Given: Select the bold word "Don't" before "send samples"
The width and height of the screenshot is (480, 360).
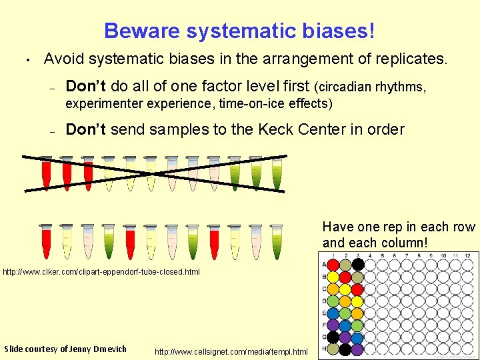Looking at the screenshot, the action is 85,129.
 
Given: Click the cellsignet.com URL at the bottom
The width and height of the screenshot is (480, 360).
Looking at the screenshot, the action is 231,351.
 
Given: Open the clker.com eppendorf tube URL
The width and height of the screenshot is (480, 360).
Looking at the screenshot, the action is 101,272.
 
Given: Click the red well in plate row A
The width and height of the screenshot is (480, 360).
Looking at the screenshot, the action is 333,265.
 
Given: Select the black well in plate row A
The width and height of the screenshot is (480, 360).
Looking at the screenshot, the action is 357,265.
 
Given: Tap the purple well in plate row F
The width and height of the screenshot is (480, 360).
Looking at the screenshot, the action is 333,325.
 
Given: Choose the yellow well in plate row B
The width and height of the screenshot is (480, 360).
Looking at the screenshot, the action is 357,277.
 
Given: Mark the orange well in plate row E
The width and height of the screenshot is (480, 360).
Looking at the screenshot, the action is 357,313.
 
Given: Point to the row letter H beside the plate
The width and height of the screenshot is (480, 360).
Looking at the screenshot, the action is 324,349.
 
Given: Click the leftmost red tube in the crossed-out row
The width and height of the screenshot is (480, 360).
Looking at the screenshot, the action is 46,173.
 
